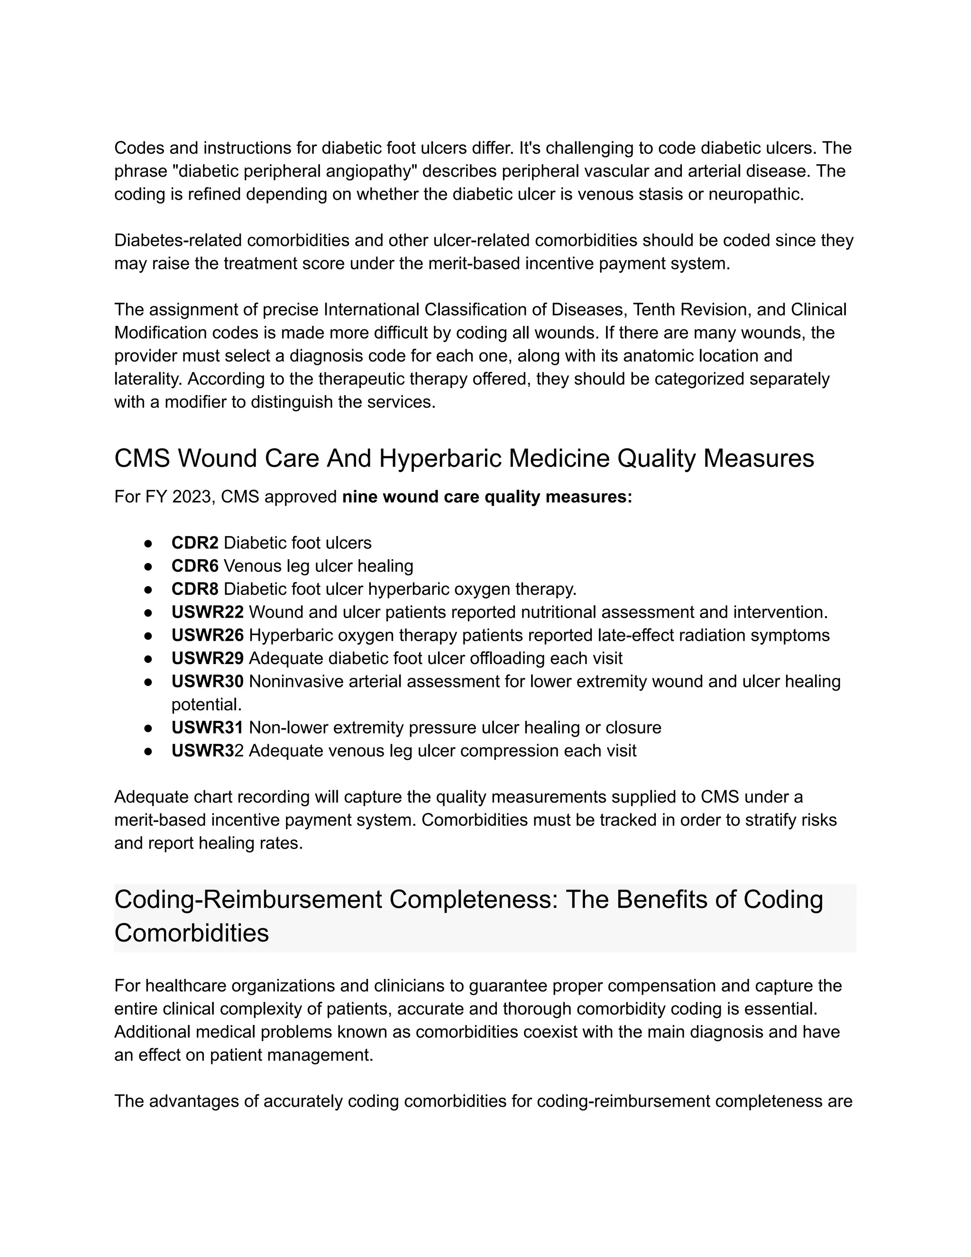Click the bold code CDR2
coord(194,543)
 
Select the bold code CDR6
coord(194,566)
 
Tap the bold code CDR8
coord(194,589)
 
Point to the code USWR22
coord(207,612)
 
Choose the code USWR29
coord(207,658)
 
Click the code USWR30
coord(207,682)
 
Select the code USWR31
coord(207,728)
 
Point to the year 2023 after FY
coord(191,497)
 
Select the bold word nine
coord(359,497)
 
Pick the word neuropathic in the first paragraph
coord(754,194)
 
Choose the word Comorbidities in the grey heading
coord(192,933)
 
